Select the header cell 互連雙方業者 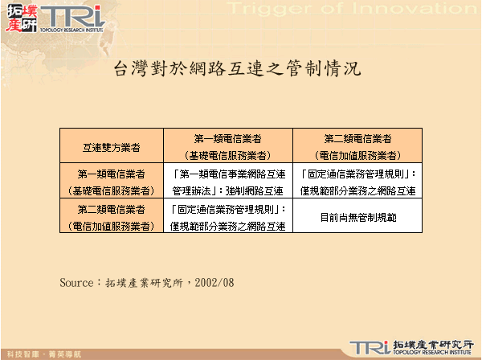[x=112, y=147]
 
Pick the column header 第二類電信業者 [x=357, y=146]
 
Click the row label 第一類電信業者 [x=112, y=182]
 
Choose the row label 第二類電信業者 [x=112, y=218]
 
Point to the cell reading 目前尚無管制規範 [x=357, y=218]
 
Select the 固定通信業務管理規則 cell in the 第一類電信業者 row [x=357, y=182]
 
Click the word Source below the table [x=78, y=283]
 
